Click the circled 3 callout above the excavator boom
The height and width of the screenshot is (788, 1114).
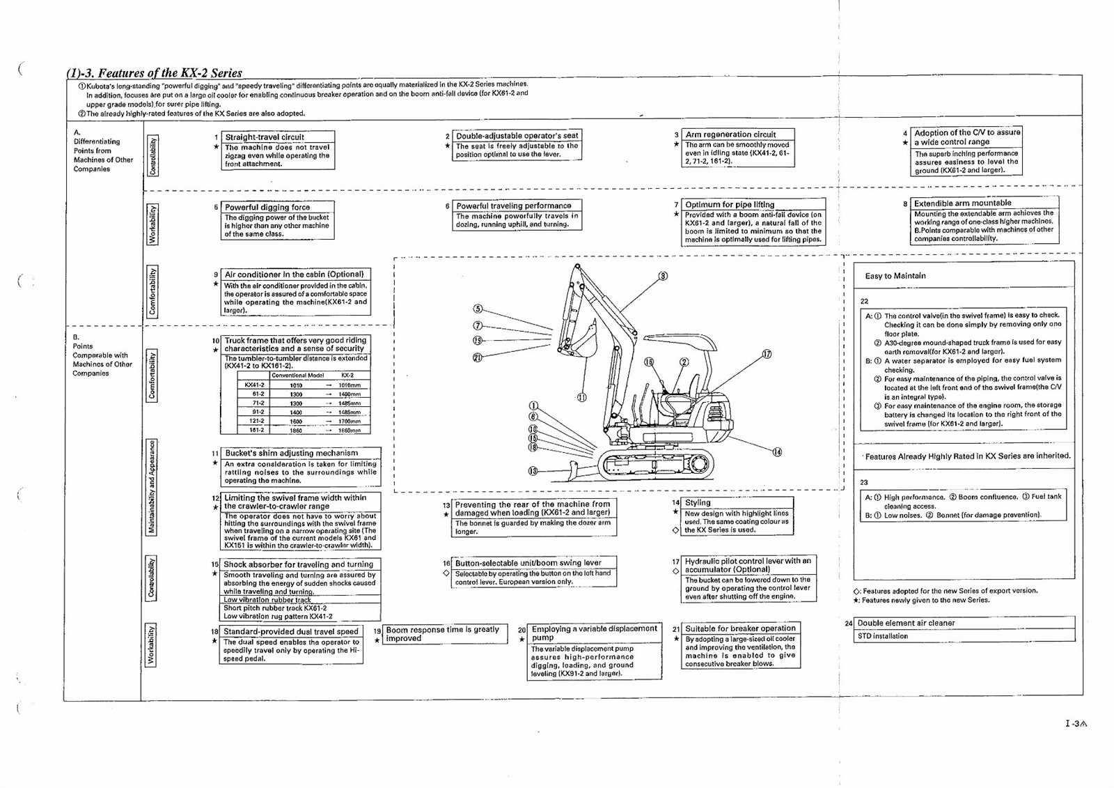[663, 276]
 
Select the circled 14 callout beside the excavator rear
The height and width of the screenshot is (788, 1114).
[777, 452]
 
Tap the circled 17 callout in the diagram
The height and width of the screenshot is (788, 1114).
[767, 354]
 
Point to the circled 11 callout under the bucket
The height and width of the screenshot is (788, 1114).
[581, 397]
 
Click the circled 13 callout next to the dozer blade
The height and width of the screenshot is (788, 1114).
[533, 471]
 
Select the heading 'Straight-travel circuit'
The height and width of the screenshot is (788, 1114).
[264, 137]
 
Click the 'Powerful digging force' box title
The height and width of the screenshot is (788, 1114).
[267, 207]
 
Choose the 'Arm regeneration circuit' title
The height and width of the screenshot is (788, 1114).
[730, 134]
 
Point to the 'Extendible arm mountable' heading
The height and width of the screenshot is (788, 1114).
[962, 203]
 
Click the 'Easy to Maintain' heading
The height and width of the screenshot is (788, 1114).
[895, 276]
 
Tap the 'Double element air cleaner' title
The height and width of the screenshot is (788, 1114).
[906, 623]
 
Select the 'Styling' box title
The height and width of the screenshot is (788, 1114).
[698, 502]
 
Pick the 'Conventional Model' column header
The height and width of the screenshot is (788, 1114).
[297, 376]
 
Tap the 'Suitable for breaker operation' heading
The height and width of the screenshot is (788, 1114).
[740, 628]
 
